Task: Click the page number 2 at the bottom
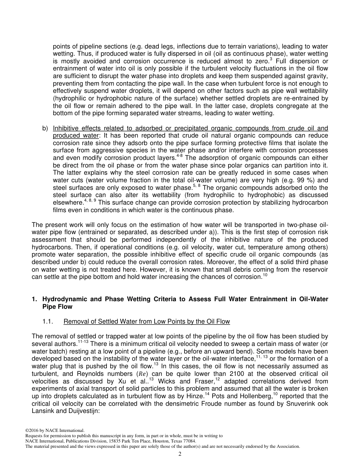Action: (x=180, y=454)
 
